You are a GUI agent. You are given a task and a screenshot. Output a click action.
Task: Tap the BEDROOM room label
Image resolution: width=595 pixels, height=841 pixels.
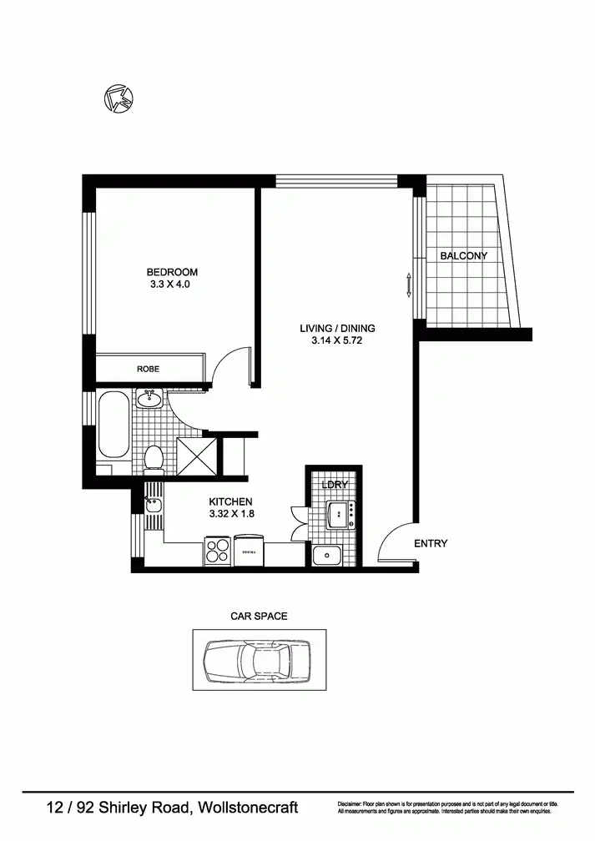(172, 272)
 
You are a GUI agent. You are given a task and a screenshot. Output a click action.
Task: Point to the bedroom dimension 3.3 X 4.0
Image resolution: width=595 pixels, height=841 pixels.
(172, 285)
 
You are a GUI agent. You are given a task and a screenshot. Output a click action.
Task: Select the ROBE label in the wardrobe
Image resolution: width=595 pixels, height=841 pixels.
(149, 368)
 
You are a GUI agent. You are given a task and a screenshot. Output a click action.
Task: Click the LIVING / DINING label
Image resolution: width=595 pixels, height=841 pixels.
(337, 328)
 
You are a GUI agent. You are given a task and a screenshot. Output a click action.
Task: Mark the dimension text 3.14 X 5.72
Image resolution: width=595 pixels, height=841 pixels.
(337, 340)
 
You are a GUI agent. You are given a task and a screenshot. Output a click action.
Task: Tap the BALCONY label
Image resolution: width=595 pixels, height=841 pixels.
(463, 256)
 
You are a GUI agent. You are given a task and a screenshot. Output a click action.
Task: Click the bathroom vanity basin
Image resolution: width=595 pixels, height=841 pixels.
(150, 399)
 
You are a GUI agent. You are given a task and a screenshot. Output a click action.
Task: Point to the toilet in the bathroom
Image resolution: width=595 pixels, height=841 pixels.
(154, 458)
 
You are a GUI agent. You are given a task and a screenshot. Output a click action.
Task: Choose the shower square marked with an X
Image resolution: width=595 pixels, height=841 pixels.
(194, 456)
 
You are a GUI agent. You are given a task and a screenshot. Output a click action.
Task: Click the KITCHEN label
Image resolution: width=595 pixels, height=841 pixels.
(230, 501)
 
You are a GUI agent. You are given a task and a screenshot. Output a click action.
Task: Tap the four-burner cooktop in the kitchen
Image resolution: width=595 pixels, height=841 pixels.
(218, 551)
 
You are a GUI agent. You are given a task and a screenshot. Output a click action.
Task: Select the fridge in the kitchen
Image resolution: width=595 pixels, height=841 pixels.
(249, 551)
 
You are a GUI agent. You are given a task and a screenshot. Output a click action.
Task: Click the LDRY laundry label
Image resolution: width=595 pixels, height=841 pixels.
(334, 485)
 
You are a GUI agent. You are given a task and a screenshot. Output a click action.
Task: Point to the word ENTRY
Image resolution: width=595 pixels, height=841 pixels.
(431, 543)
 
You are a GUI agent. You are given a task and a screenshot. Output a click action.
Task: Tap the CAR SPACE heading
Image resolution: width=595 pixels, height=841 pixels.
(259, 616)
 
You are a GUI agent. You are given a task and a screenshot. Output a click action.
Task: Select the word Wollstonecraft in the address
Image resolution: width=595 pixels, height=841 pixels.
(249, 808)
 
